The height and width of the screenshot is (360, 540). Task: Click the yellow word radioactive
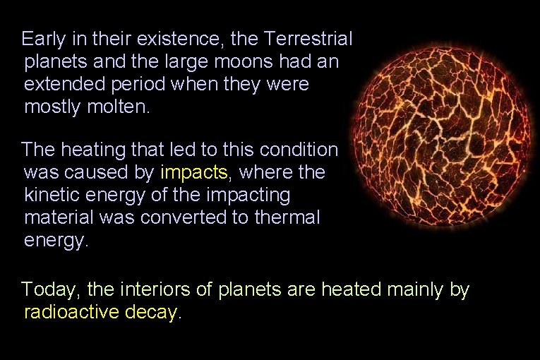pyautogui.click(x=72, y=312)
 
